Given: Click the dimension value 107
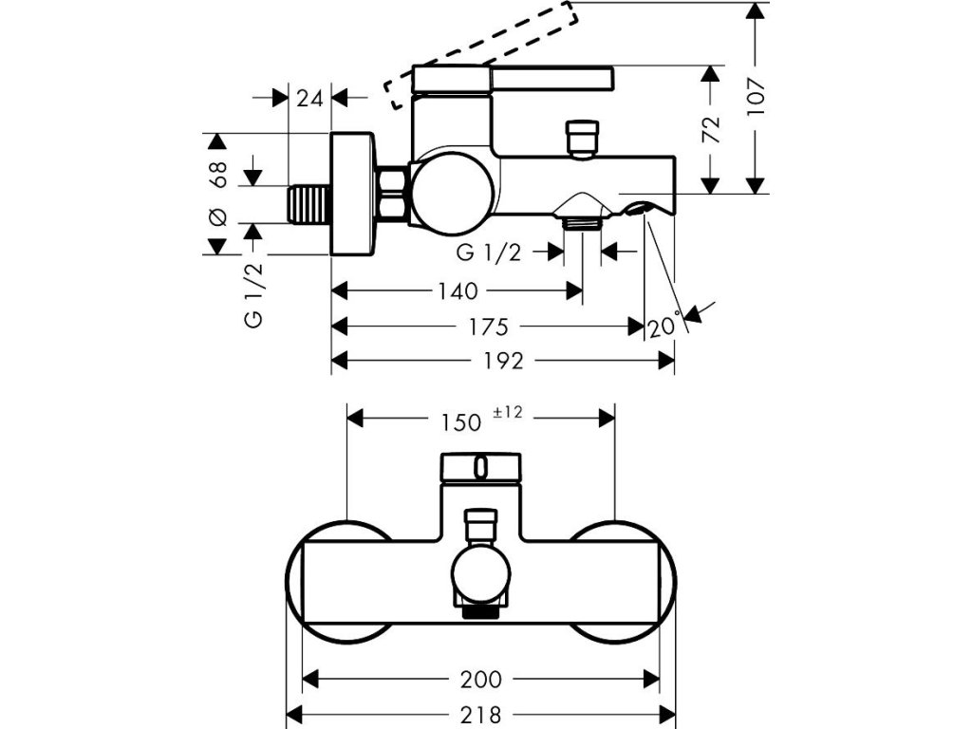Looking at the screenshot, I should tap(757, 96).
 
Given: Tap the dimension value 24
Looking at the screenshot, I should tap(310, 97).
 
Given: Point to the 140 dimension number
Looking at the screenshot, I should tap(458, 290).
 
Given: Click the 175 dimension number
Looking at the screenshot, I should tap(486, 327).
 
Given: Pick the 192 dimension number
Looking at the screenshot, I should tap(504, 361).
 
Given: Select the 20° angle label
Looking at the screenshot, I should tap(665, 327).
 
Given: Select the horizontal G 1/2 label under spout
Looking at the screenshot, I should tap(490, 252).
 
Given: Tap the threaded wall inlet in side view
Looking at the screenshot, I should tap(308, 204).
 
